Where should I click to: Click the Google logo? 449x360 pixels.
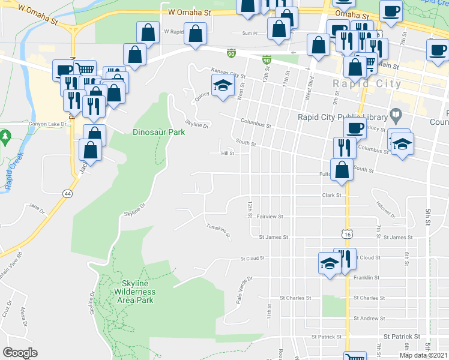pyautogui.click(x=20, y=353)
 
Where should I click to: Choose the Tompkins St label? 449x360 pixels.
pyautogui.click(x=218, y=230)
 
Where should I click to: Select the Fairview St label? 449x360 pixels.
pyautogui.click(x=270, y=216)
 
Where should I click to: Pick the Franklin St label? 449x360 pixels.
pyautogui.click(x=367, y=278)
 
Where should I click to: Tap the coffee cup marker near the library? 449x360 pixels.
pyautogui.click(x=354, y=127)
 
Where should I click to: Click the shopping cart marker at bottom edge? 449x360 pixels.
pyautogui.click(x=355, y=356)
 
